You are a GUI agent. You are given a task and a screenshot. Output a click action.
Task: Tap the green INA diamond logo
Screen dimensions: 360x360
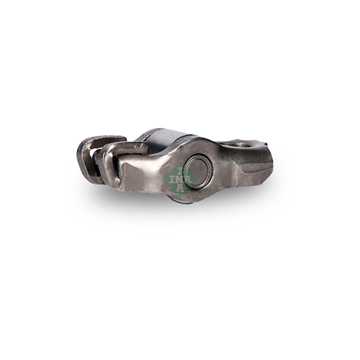pos(180,180)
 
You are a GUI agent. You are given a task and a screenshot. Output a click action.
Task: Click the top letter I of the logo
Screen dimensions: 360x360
pos(180,171)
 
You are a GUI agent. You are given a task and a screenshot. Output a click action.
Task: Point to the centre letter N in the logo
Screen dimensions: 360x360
pos(180,179)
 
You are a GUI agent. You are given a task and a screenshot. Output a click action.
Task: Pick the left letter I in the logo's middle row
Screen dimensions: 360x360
pos(171,179)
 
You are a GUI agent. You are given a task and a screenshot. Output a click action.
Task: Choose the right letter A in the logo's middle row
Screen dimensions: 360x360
pos(187,179)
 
